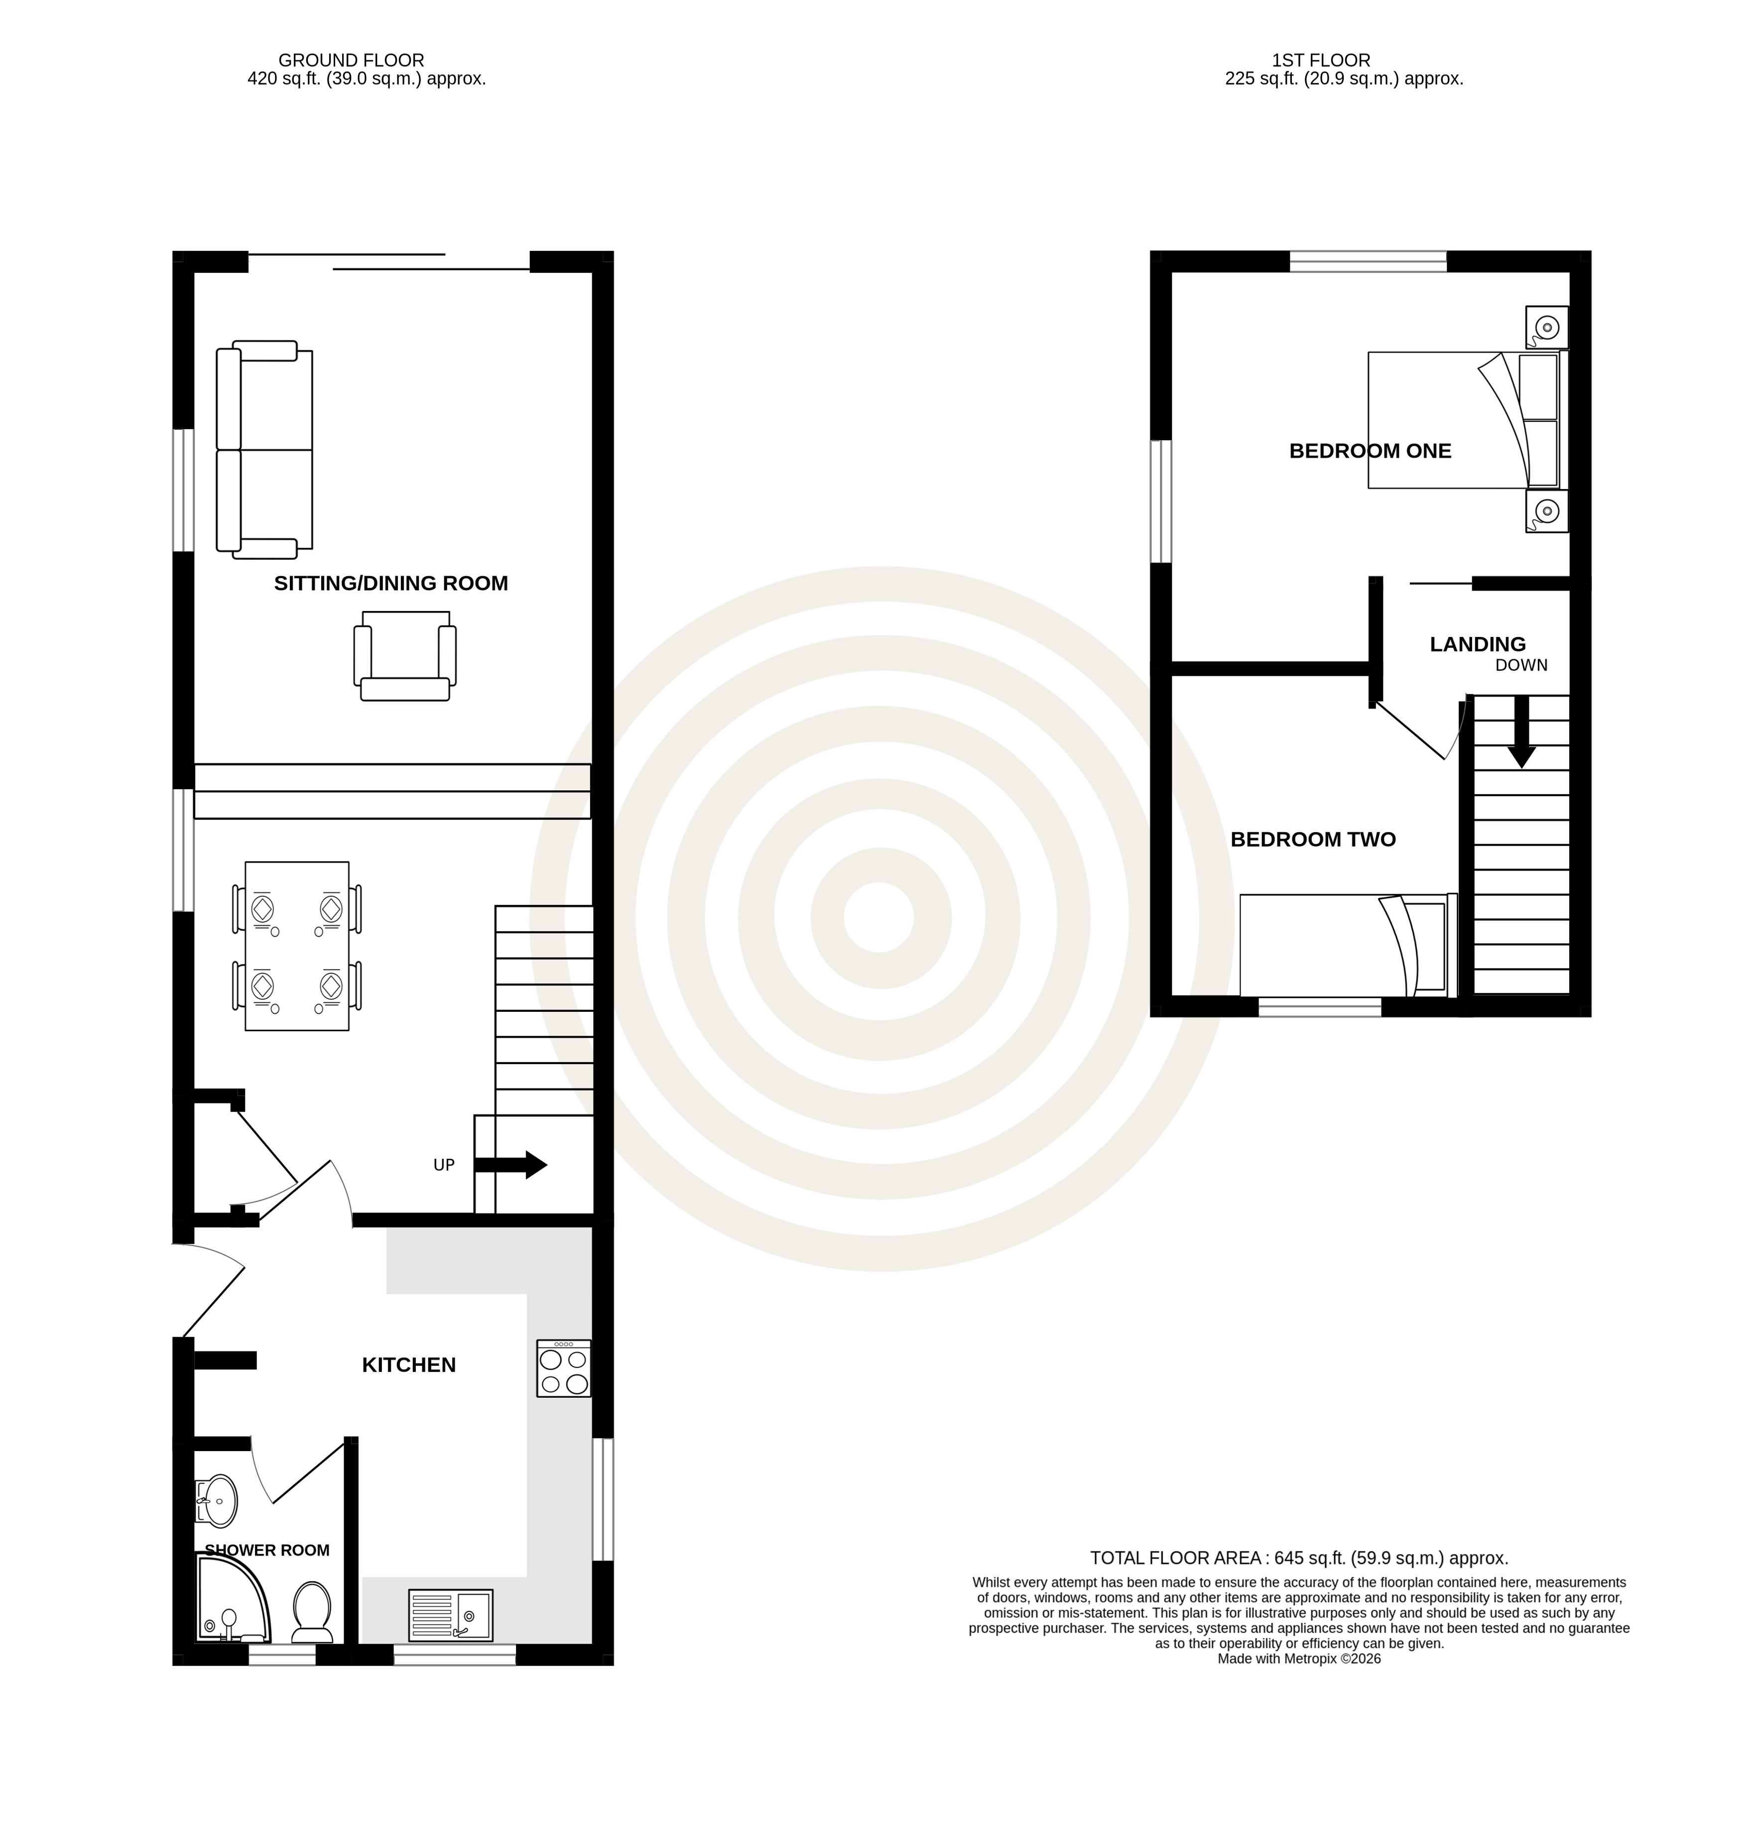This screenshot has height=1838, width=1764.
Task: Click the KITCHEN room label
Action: coord(409,1364)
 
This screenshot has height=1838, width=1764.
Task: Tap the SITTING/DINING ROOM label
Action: coord(391,583)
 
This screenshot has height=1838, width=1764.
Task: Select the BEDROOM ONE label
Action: coord(1370,451)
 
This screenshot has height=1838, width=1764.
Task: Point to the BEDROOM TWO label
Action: coord(1313,839)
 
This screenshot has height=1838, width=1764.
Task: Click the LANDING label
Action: coord(1478,644)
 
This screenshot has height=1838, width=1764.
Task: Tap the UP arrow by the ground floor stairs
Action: coord(510,1165)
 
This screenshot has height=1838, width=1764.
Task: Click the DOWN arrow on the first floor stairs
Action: coord(1521,732)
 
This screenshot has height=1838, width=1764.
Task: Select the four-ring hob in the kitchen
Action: coord(564,1368)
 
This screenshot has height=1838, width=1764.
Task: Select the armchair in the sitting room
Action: coord(405,655)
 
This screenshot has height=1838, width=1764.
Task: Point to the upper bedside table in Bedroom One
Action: coord(1546,327)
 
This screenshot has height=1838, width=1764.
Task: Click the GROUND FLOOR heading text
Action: coord(352,61)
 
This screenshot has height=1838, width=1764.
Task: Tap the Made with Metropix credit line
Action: coord(1299,1659)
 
